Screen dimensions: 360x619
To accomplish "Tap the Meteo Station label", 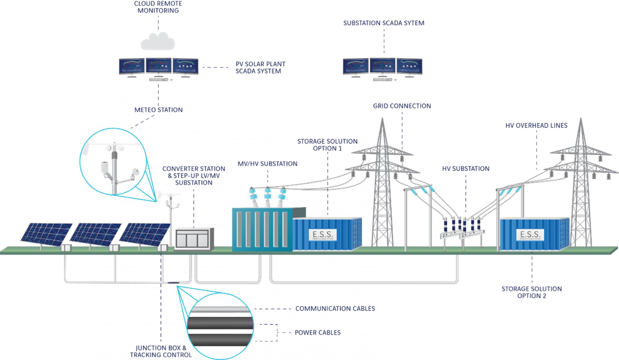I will [159, 110].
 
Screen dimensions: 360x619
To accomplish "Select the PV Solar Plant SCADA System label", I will [260, 67].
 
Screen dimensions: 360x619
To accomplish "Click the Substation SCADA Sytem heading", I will [384, 23].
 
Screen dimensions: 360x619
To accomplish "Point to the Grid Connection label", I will [402, 106].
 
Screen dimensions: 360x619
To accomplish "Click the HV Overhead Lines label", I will [536, 125].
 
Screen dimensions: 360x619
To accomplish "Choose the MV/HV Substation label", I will [267, 164].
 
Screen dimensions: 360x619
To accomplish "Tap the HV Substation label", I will [466, 168].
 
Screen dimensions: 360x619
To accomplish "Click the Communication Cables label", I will [335, 308].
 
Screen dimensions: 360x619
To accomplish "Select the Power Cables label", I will [318, 333].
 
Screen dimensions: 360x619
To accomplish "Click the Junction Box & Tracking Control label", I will [161, 351].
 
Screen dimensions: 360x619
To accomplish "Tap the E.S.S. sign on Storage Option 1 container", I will [323, 235].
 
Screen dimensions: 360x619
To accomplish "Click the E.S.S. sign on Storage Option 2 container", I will [530, 235].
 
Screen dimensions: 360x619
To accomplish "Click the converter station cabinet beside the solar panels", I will [194, 238].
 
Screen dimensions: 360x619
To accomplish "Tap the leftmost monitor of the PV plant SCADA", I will [132, 66].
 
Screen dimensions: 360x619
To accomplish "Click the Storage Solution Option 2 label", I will [532, 292].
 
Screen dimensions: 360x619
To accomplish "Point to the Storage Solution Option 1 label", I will [327, 145].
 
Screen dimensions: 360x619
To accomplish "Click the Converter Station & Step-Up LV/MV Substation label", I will [194, 175].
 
